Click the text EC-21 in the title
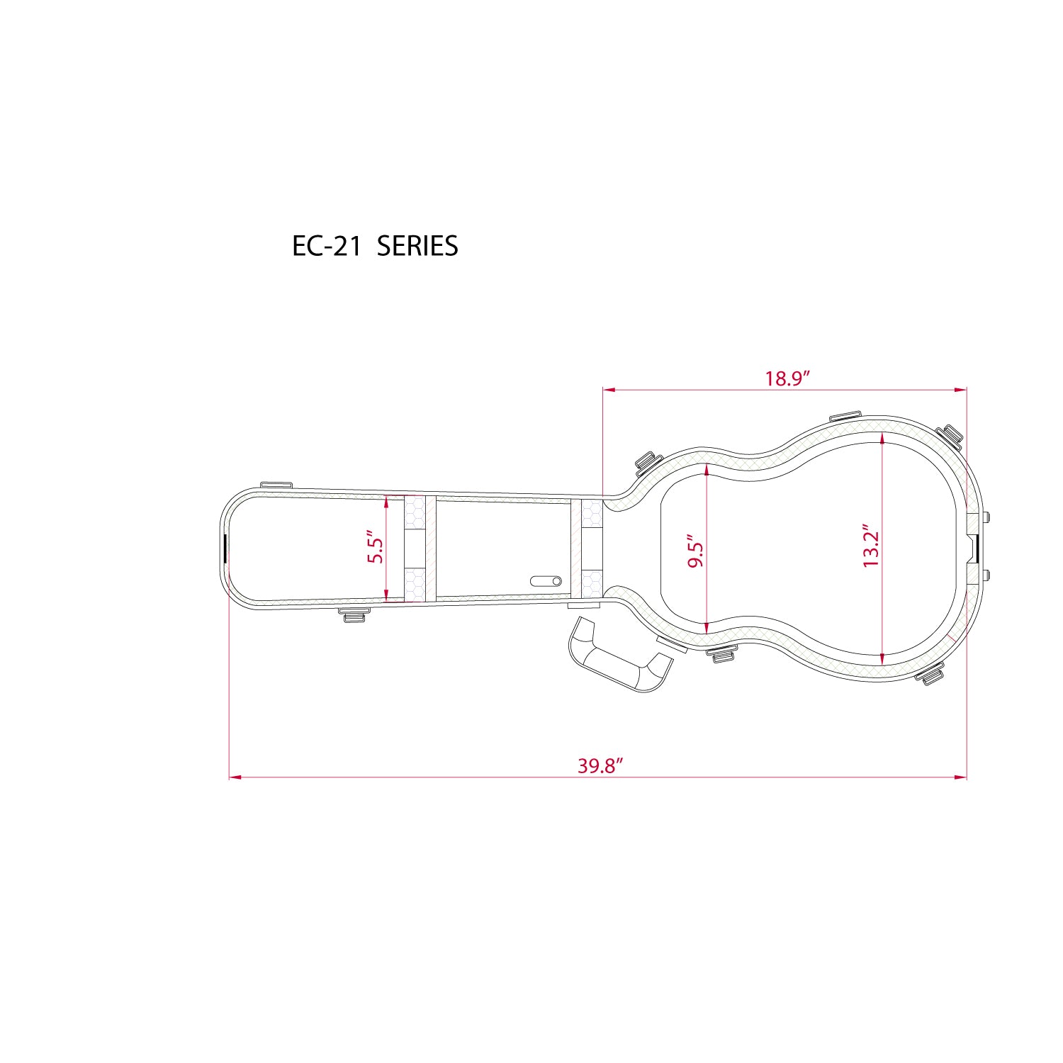(x=327, y=246)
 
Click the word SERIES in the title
(x=417, y=246)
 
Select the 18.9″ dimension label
(x=787, y=378)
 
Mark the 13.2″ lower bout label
(x=870, y=546)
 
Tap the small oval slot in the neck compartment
(x=546, y=581)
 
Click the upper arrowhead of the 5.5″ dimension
(x=386, y=502)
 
